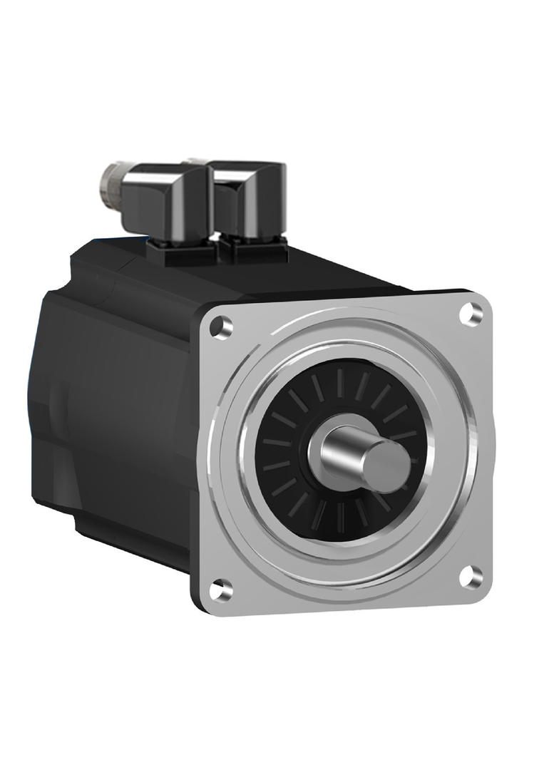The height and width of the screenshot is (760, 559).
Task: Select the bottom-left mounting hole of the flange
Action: click(x=222, y=588)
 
